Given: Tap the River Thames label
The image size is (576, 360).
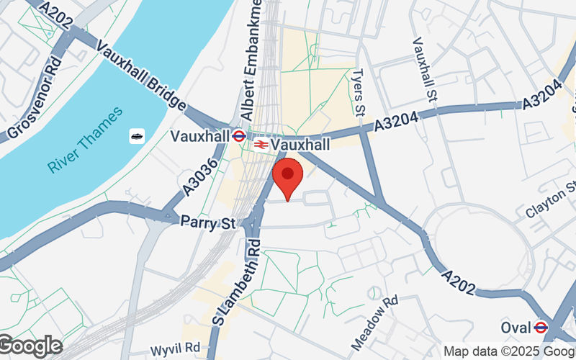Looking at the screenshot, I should click(x=86, y=140).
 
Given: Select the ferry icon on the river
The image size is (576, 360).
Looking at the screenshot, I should click(x=137, y=136).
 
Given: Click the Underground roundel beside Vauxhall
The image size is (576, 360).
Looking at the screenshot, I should click(x=240, y=135).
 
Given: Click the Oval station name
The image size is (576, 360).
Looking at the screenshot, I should click(x=515, y=328).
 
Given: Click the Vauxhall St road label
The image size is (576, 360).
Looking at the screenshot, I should click(x=423, y=69).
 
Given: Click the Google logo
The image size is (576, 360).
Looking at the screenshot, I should click(x=30, y=346).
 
